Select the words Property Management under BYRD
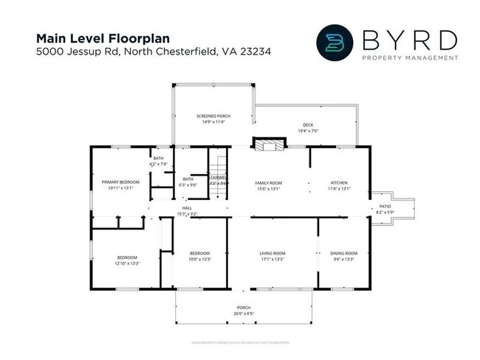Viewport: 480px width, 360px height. pos(407,58)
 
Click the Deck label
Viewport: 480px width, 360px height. pos(308,125)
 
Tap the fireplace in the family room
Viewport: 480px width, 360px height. pos(267,145)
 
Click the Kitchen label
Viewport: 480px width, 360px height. pos(339,183)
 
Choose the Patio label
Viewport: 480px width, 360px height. pos(385,207)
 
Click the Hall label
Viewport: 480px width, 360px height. pos(188,209)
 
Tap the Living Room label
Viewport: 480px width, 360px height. pos(272,253)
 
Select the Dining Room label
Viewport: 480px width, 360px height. pos(344,253)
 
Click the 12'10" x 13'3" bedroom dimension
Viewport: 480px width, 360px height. pos(126,263)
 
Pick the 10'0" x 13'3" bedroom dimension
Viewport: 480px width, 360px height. pos(200,259)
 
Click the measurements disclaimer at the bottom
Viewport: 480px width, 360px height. pos(240,342)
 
